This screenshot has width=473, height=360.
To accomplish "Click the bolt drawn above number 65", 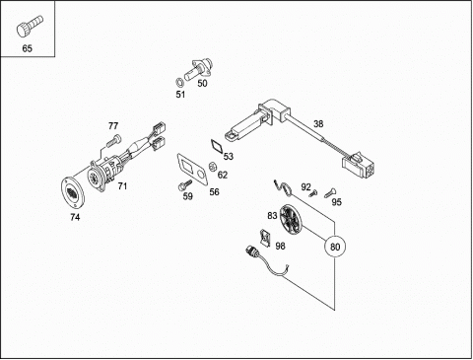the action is [x=30, y=26].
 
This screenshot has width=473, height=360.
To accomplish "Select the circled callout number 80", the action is [x=335, y=247].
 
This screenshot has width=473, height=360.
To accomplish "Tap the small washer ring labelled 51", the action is [x=180, y=81].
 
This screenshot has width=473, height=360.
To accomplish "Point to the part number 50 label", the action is [x=202, y=84].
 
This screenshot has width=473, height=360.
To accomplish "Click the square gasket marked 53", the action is [x=217, y=145].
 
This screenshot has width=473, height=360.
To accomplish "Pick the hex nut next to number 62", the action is [x=213, y=167].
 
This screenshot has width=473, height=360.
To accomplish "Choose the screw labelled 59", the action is [x=184, y=184].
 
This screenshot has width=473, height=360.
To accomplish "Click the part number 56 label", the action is [x=214, y=192].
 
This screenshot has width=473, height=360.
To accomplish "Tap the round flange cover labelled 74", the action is [x=73, y=192].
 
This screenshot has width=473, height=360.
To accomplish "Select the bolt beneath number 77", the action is [x=113, y=141].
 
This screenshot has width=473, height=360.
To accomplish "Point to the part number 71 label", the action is [x=122, y=186].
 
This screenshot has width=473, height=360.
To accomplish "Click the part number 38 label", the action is [x=318, y=124].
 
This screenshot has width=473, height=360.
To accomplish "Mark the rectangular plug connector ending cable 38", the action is [x=359, y=165].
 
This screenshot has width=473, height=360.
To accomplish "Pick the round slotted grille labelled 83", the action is [x=290, y=219].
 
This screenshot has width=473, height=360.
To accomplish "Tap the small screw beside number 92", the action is [x=313, y=193].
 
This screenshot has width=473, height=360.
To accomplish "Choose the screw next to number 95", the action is [x=330, y=192].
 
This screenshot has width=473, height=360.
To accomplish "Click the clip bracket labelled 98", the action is [x=265, y=238].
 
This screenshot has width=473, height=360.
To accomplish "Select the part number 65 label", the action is [x=28, y=48].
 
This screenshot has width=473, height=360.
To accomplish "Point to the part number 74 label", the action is [x=75, y=217].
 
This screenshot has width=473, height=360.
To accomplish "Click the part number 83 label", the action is [x=272, y=216].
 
